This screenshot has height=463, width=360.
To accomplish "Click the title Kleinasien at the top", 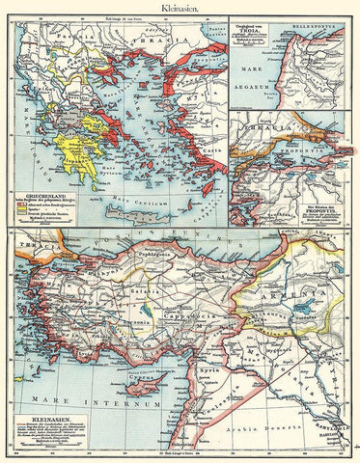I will pyautogui.click(x=180, y=7).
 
